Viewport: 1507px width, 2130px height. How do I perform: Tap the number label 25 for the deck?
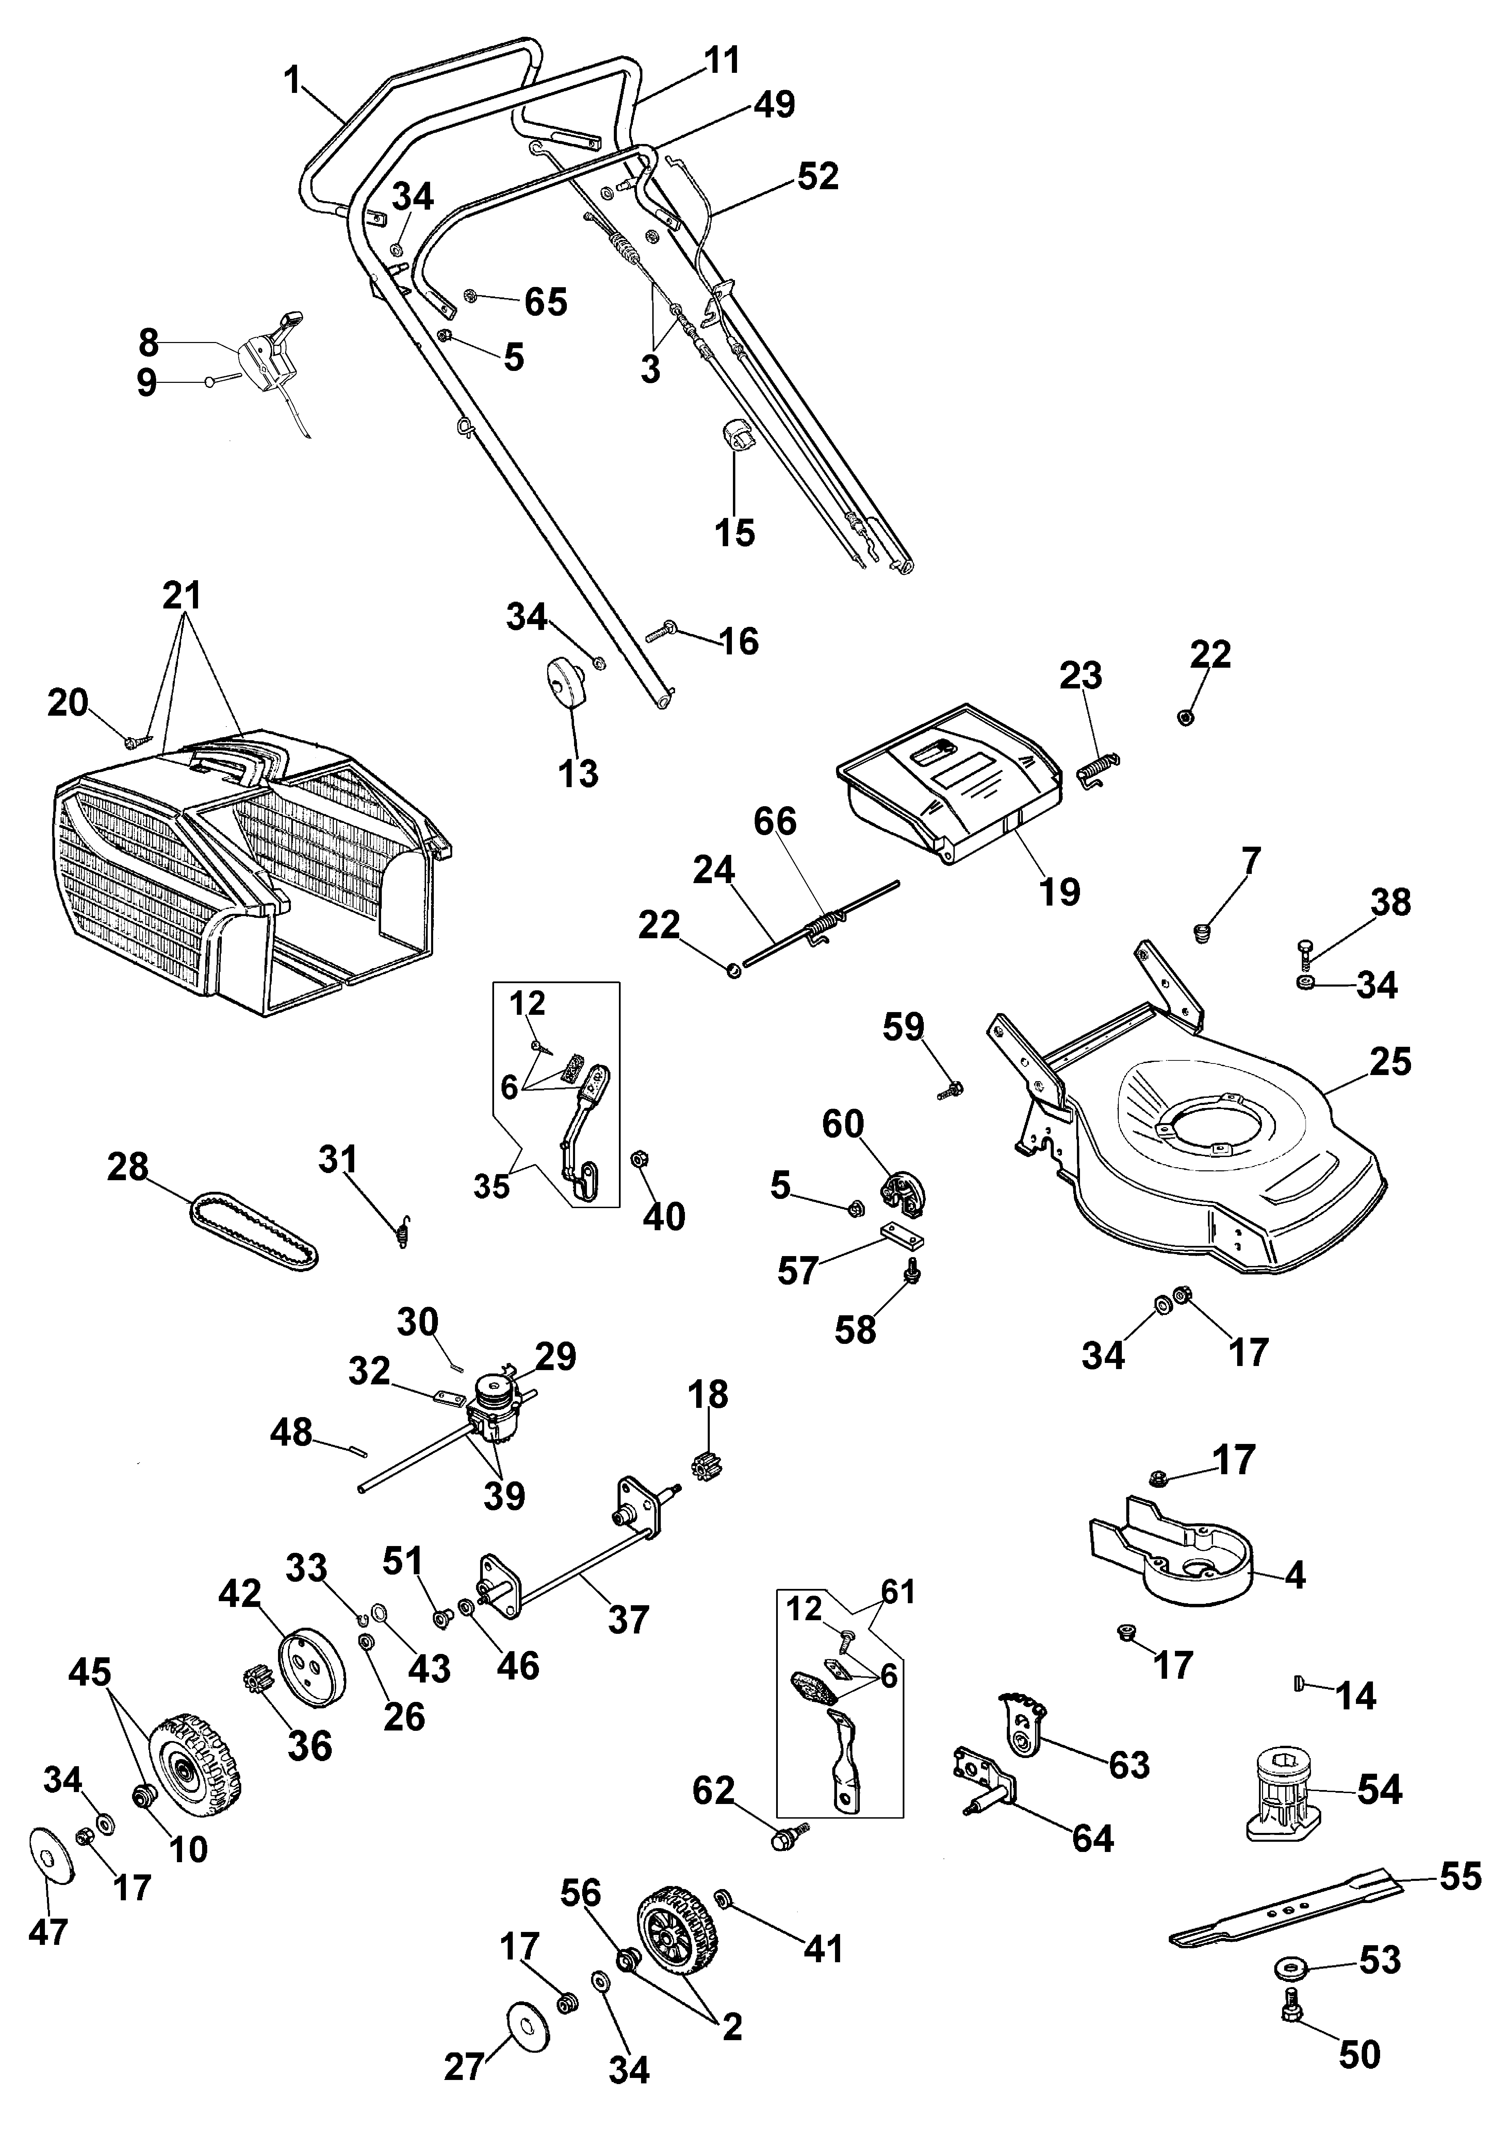point(1389,1062)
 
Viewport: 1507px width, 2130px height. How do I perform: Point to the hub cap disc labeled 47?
point(51,1856)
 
